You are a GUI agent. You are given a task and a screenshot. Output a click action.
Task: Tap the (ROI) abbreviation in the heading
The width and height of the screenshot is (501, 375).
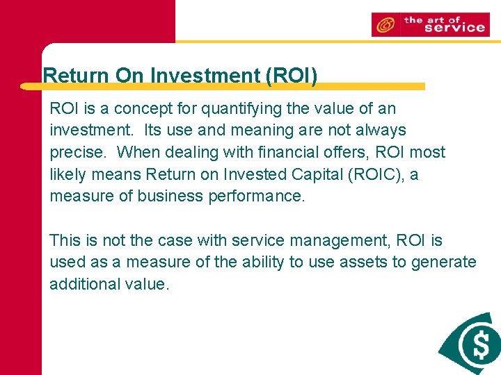[292, 75]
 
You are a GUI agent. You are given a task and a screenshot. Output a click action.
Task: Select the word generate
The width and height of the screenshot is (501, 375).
[443, 262]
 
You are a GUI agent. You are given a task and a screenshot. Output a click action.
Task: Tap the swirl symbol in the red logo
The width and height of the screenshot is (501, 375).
[384, 26]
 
